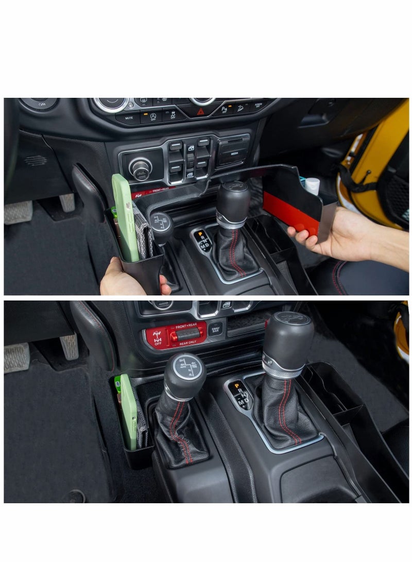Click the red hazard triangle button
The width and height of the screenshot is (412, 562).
[x=200, y=111]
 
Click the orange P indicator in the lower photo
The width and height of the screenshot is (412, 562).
[x=233, y=385]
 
